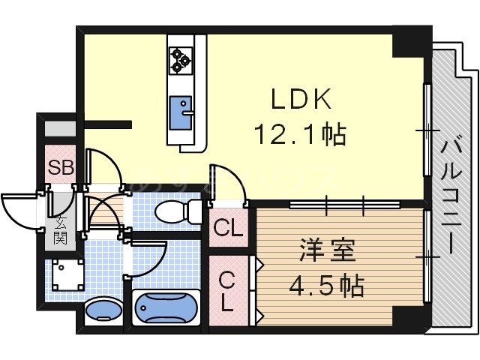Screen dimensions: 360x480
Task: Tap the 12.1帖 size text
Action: click(x=298, y=135)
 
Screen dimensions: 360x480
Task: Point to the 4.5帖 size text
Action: click(x=329, y=286)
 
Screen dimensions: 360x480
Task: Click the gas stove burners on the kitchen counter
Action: click(x=181, y=60)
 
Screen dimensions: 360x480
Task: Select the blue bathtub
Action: click(x=165, y=310)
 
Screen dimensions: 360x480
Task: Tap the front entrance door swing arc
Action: click(x=18, y=208)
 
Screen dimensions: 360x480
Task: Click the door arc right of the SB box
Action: click(x=99, y=166)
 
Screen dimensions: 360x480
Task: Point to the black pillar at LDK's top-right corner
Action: click(x=412, y=41)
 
